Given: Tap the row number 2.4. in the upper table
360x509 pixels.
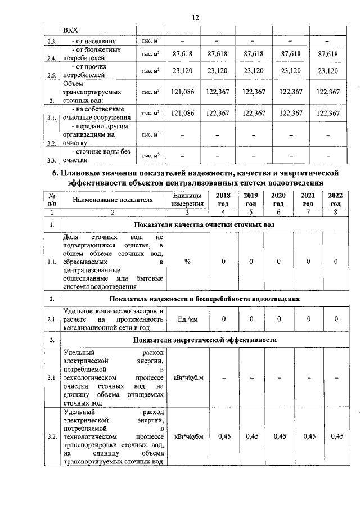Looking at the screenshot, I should point(52,58).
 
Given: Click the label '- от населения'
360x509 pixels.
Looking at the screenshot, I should point(93,41).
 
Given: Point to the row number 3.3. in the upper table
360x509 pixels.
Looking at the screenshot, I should point(52,159).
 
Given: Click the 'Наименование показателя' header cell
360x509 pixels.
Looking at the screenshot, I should point(112,199).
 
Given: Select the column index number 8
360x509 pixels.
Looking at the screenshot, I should point(335,212).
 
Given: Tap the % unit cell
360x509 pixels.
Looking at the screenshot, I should point(187,262).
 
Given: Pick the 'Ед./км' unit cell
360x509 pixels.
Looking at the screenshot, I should point(187,319).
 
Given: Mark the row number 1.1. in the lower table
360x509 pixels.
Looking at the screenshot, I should point(52,262).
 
